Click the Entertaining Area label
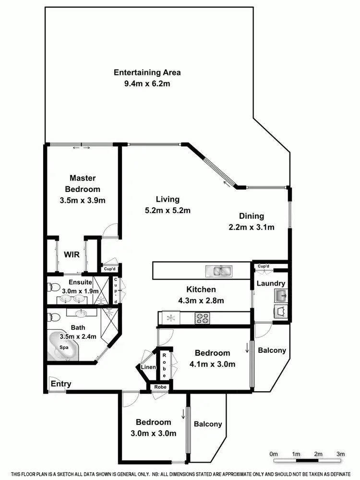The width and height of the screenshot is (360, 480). click(x=147, y=72)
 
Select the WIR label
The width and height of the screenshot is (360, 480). click(x=72, y=255)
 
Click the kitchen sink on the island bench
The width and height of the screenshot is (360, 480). click(x=218, y=271)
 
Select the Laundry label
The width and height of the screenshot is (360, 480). click(x=271, y=284)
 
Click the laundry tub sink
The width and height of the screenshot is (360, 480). click(x=280, y=295)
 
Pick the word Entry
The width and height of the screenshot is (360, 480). click(x=61, y=384)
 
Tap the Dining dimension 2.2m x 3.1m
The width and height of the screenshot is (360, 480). click(x=252, y=227)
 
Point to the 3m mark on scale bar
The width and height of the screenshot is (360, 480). click(x=341, y=454)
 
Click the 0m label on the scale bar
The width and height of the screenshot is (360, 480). click(x=274, y=454)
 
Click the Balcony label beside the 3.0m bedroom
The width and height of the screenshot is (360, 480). click(x=208, y=424)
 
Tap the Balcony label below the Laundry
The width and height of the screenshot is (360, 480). click(x=272, y=350)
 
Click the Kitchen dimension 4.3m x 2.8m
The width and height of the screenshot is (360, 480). click(x=201, y=301)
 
